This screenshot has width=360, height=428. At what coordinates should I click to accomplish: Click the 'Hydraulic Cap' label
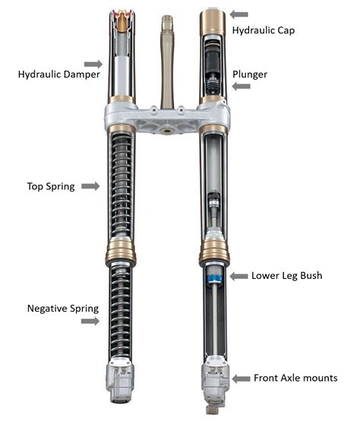coord(264,30)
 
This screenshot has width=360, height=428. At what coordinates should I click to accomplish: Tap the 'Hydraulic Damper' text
coord(59,75)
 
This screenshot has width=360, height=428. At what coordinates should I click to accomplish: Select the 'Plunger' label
coord(250,75)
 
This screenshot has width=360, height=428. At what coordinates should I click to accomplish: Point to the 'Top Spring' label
coord(51,186)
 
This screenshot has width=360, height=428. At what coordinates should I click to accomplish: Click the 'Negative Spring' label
coord(63,309)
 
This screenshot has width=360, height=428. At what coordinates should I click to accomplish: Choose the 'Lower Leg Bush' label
coord(286,276)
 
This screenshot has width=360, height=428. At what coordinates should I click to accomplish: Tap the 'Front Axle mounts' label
coord(295,378)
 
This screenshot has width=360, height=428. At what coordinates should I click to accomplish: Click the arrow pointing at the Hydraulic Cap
coord(239,14)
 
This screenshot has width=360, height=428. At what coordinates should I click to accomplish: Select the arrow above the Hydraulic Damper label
coord(93,65)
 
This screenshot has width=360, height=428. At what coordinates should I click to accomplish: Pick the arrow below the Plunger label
coord(241,87)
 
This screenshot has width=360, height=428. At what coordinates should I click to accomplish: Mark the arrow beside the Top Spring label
coord(90,186)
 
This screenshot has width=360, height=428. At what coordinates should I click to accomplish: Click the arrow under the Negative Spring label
coord(90,322)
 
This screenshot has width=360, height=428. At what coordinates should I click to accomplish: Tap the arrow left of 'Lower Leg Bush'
coord(239,276)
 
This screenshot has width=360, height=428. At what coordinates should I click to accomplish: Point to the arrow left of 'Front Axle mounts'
coord(241,379)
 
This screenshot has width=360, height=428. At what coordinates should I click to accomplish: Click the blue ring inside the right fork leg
coord(215,279)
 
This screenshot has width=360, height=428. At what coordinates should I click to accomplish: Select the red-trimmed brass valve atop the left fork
coord(122,20)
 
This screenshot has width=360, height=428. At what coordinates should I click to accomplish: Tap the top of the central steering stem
coord(167,17)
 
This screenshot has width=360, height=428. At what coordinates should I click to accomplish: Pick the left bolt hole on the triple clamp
coord(154,110)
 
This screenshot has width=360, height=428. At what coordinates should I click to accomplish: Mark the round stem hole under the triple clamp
coord(167,131)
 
